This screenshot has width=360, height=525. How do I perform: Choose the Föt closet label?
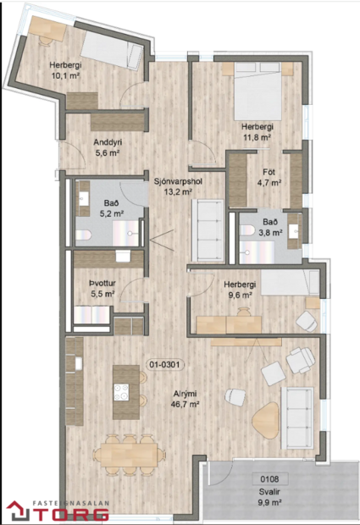point(269,172)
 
